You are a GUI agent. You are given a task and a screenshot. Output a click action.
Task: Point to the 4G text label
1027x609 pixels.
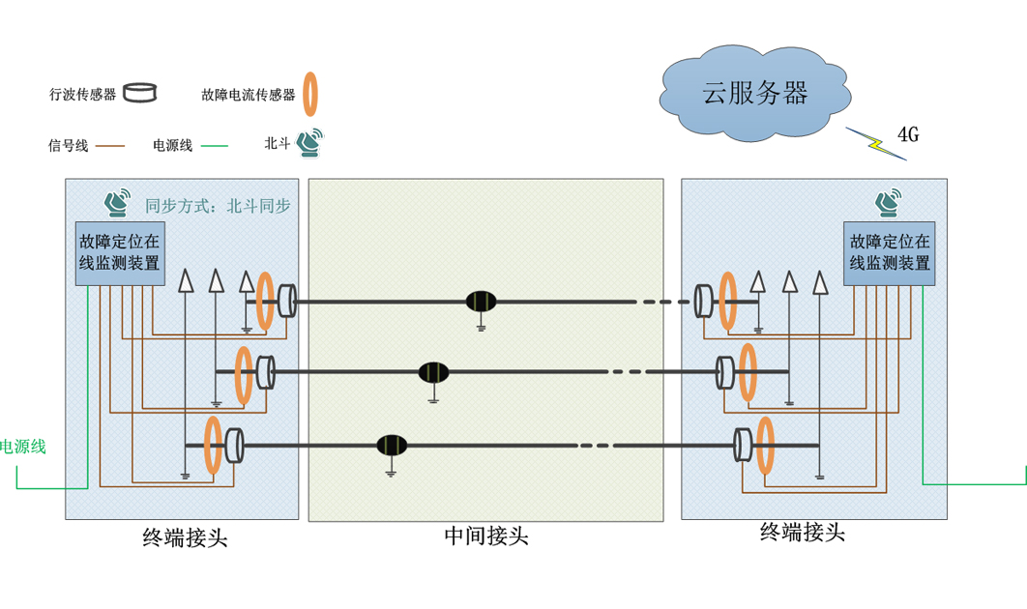[907, 134]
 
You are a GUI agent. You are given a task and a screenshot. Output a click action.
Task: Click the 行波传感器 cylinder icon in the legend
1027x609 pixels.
[140, 94]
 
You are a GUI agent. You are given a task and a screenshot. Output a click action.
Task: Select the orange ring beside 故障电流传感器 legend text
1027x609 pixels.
[310, 94]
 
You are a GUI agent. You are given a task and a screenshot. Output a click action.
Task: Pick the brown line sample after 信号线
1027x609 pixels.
[111, 146]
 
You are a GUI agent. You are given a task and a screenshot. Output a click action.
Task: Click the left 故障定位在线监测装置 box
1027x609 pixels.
[119, 253]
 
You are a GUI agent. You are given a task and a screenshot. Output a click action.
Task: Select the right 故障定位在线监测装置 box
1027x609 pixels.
[890, 253]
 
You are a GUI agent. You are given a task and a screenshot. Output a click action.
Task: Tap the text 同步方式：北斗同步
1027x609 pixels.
[218, 206]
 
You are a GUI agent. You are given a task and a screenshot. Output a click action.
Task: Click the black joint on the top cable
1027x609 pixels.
[481, 302]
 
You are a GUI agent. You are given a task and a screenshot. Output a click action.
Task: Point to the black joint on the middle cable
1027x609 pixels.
[433, 371]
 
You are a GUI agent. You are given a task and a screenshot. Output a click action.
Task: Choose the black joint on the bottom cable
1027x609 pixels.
[392, 445]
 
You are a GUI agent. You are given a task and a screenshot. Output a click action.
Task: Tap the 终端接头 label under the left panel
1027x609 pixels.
[185, 538]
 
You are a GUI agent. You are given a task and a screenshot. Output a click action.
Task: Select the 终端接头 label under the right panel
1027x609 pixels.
[803, 532]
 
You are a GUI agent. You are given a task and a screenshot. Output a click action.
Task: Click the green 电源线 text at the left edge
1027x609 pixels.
[22, 447]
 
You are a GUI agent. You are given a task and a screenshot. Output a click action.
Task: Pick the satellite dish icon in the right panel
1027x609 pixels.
[889, 203]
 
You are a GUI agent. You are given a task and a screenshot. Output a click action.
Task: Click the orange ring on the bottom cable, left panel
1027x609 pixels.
[213, 446]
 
